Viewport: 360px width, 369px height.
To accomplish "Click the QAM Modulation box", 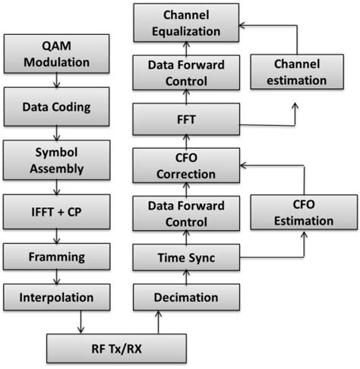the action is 56,54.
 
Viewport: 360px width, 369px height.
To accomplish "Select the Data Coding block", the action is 56,106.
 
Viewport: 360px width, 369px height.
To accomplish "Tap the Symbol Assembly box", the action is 56,160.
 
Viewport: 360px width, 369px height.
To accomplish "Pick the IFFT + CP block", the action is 56,212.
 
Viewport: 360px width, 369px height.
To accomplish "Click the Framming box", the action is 56,257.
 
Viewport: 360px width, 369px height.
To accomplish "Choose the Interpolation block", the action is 56,297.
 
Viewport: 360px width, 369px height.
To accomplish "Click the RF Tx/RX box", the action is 116,348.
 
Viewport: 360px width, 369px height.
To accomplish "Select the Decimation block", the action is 186,297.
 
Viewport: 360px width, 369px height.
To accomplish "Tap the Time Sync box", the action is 186,257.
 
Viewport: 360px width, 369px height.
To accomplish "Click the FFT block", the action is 186,119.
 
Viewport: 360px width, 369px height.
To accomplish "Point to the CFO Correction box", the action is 186,166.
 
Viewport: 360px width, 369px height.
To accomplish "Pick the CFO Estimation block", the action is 304,213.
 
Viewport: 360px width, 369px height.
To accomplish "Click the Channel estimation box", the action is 297,72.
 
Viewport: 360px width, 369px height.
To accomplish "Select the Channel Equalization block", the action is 186,23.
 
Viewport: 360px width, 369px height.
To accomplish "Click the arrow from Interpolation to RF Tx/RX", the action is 81,322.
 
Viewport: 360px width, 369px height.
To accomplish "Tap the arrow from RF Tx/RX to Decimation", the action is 158,322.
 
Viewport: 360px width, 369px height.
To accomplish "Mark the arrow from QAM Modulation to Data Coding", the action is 56,80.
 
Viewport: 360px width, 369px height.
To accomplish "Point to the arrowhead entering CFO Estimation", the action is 304,234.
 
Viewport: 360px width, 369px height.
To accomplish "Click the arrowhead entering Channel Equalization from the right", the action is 242,25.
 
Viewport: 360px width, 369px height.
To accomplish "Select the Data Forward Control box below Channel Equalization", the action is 186,73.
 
